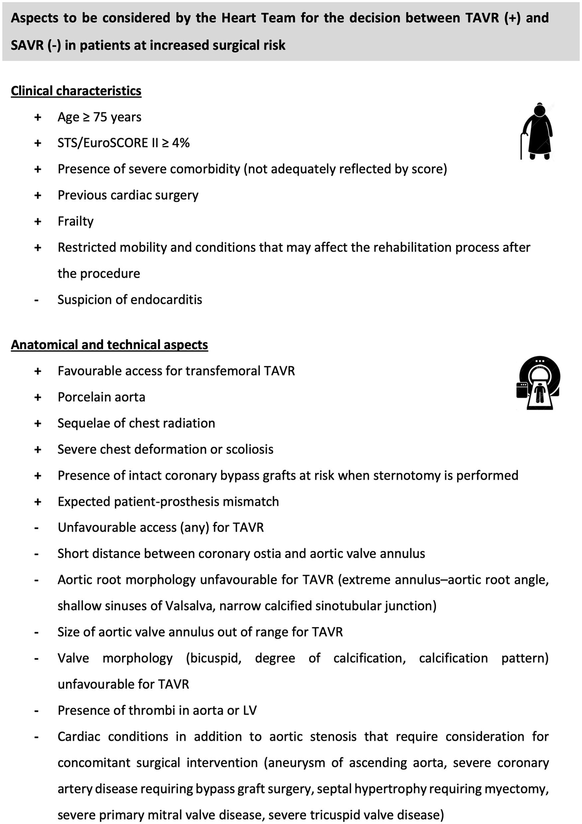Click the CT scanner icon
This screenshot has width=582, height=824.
click(538, 383)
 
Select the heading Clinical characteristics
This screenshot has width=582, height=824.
click(76, 91)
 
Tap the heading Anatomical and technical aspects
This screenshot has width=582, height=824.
click(109, 345)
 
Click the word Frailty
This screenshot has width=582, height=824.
click(75, 221)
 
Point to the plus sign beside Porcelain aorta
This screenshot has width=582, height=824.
click(38, 397)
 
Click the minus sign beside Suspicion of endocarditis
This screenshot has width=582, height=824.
click(36, 300)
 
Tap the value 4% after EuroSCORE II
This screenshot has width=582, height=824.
click(180, 143)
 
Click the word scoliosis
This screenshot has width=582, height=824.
click(250, 449)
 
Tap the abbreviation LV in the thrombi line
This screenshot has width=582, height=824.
click(250, 710)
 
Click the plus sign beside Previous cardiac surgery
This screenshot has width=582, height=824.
click(38, 196)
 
